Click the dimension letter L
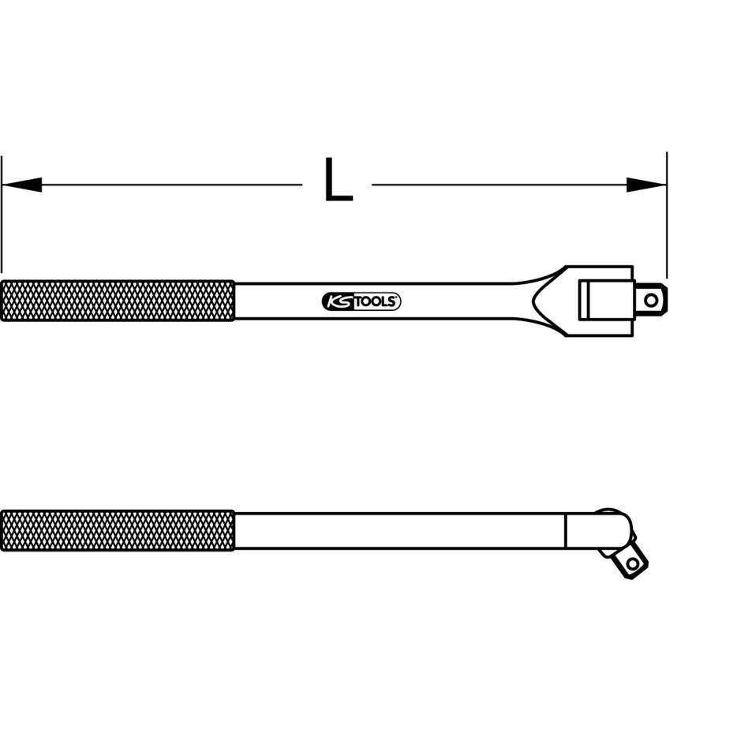[x=339, y=180]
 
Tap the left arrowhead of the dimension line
[x=21, y=185]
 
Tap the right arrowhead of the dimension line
[x=646, y=185]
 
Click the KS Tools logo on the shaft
[x=361, y=301]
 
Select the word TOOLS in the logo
[x=375, y=301]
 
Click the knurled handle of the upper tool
[x=118, y=301]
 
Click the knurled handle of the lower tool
[x=118, y=530]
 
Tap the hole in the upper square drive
[x=651, y=300]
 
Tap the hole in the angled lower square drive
[x=633, y=563]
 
